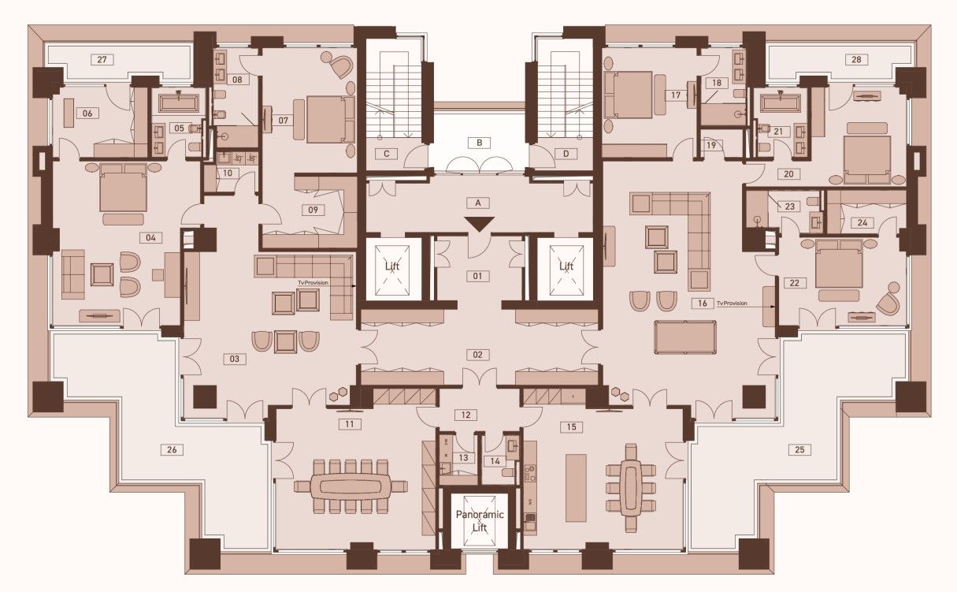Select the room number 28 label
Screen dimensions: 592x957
click(857, 59)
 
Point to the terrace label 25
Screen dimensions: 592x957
click(800, 450)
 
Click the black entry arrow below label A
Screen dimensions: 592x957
click(478, 225)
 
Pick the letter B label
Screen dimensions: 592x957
click(478, 143)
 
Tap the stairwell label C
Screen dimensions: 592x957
click(387, 154)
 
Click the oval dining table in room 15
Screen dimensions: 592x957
click(630, 487)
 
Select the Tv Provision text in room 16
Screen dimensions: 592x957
click(731, 303)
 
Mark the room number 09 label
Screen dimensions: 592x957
click(313, 210)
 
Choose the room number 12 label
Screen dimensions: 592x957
click(466, 414)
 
